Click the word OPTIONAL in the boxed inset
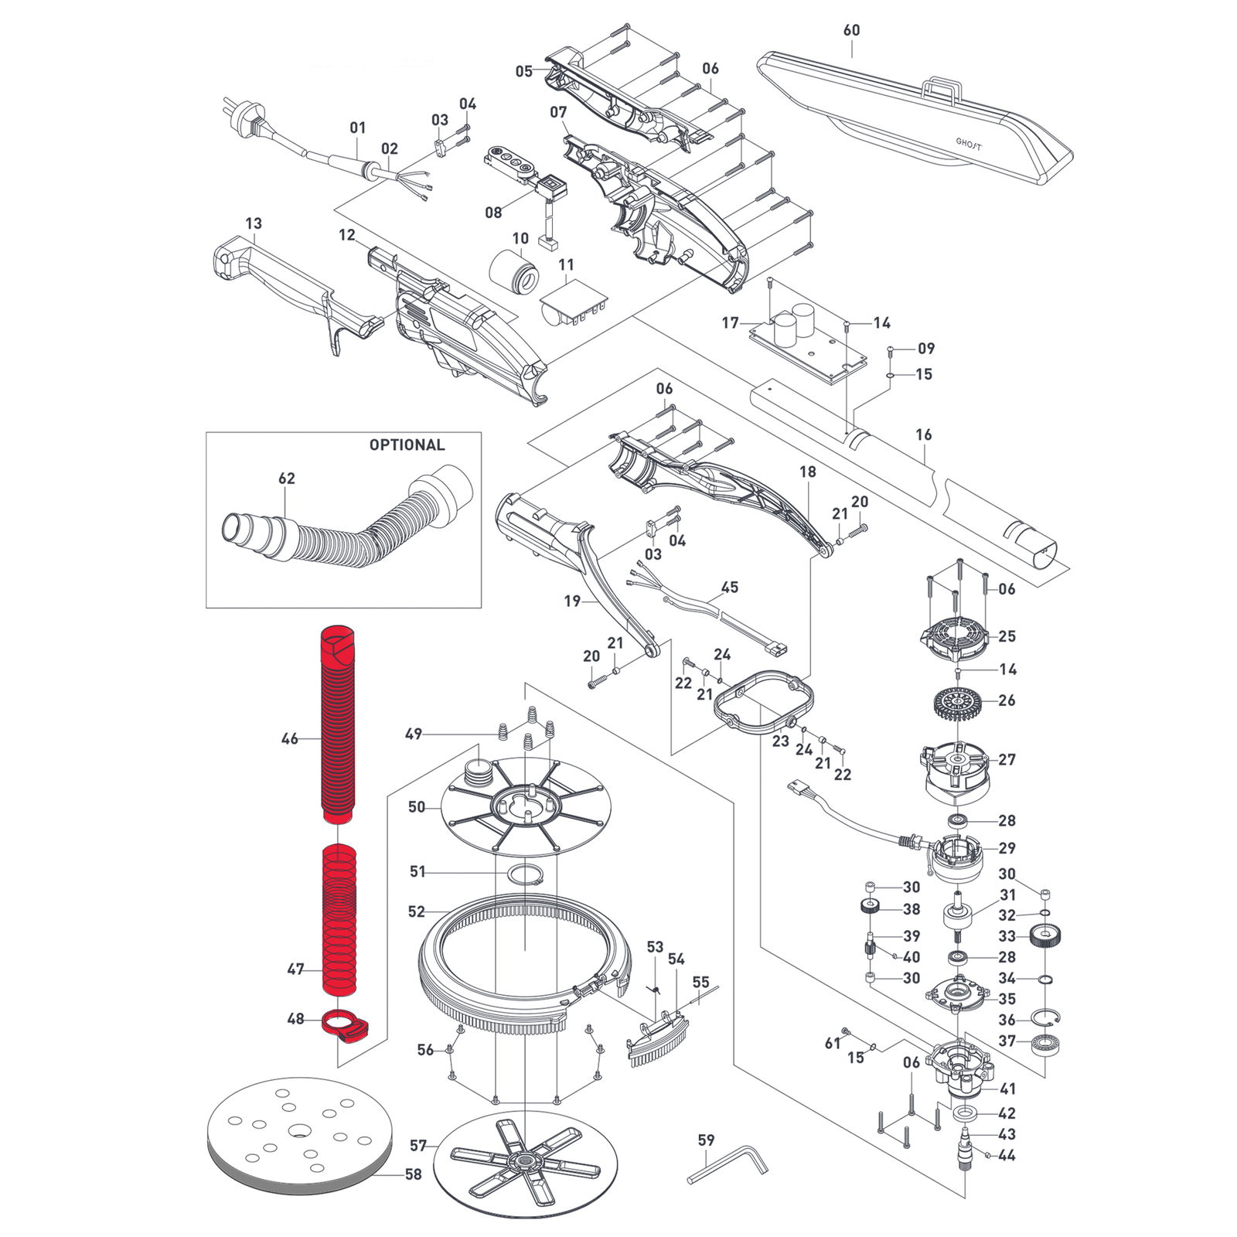tap(407, 445)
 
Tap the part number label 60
tap(851, 30)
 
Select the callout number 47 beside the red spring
tap(295, 969)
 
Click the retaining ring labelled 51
tap(525, 874)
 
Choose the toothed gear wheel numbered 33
tap(1045, 939)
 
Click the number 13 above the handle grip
tap(254, 223)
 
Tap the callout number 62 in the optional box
tap(286, 479)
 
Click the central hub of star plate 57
tap(526, 1159)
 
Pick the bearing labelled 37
tap(1046, 1044)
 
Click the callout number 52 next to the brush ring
tap(416, 912)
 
